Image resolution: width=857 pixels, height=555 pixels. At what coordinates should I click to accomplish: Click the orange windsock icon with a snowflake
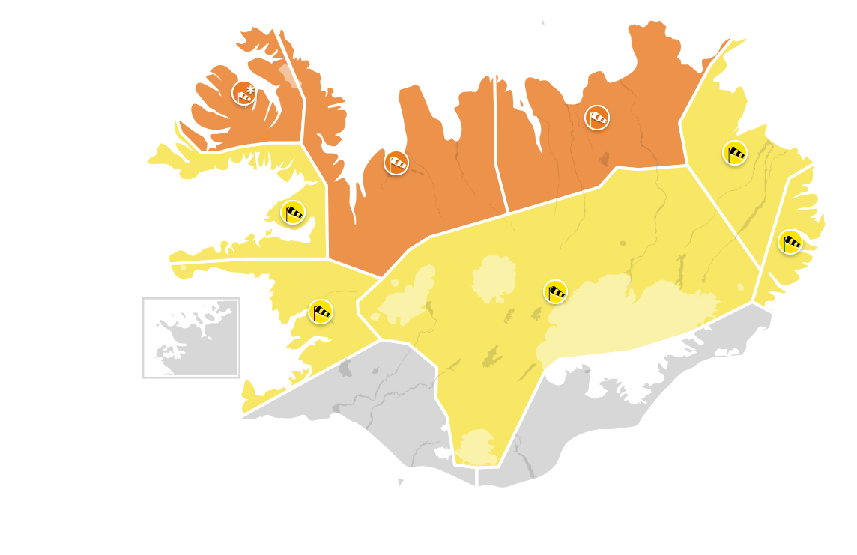coord(244,94)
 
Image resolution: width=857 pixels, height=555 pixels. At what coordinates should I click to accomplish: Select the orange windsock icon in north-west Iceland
coord(396,162)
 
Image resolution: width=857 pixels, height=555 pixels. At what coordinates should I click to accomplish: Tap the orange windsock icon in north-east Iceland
coord(597,117)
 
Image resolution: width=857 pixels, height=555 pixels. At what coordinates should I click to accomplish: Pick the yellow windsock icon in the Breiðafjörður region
coord(293,212)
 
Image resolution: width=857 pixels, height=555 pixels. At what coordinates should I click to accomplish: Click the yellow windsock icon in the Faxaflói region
coord(321,311)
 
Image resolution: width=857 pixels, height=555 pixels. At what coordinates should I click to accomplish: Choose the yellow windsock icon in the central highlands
coord(555,291)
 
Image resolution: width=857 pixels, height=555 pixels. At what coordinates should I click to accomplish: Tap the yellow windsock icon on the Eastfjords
coord(790,241)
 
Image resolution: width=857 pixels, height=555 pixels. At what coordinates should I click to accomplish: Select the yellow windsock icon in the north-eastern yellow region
coord(735,153)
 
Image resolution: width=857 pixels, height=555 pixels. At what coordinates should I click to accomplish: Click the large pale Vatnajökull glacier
coord(629,315)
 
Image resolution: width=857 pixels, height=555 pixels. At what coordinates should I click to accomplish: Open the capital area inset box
coord(191,337)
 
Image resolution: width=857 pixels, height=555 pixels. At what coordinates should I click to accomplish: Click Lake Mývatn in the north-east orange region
coord(604,159)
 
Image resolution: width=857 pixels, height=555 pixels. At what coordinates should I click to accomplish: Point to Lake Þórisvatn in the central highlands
coord(492,356)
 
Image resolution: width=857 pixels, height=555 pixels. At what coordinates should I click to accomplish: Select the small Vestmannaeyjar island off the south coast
coord(400,482)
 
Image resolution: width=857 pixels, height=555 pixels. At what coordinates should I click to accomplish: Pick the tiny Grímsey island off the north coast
coord(543,23)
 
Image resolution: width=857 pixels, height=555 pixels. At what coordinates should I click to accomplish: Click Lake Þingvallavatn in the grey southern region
coord(345,368)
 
